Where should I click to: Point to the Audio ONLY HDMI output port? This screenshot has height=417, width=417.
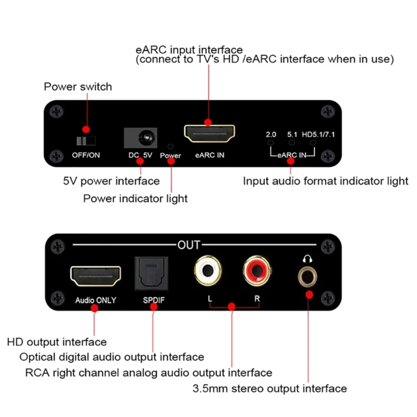pyautogui.click(x=95, y=275)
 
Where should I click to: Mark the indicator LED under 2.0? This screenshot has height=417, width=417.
pyautogui.click(x=271, y=142)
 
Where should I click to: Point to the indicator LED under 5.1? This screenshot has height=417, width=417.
pyautogui.click(x=292, y=142)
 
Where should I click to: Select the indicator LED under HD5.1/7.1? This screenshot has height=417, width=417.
pyautogui.click(x=313, y=142)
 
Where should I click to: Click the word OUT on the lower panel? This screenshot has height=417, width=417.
pyautogui.click(x=189, y=244)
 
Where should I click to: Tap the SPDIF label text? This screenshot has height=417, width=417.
pyautogui.click(x=154, y=300)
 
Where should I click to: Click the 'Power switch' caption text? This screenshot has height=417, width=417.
pyautogui.click(x=78, y=87)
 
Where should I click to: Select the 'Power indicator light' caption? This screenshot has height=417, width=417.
pyautogui.click(x=136, y=198)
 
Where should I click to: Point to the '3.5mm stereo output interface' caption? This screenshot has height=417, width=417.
pyautogui.click(x=269, y=388)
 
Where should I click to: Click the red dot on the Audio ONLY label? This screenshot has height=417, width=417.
pyautogui.click(x=95, y=308)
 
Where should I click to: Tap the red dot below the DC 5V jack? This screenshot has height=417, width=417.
pyautogui.click(x=140, y=162)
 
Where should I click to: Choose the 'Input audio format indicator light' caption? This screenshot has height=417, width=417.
pyautogui.click(x=326, y=181)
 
